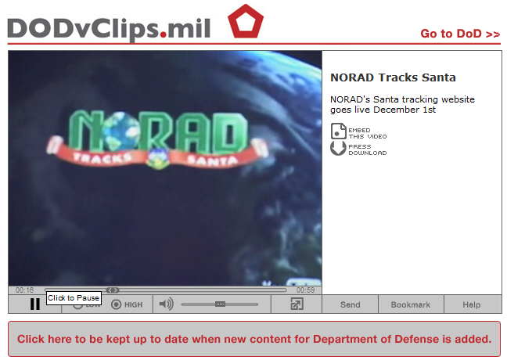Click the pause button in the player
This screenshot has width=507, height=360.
35,304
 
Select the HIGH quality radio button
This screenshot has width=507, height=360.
116,304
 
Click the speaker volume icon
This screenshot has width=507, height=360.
167,304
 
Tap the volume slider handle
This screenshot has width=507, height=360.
220,304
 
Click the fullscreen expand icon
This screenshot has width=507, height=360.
297,304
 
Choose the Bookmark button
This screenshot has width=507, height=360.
411,304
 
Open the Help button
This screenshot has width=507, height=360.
472,304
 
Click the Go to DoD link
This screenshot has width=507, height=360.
460,34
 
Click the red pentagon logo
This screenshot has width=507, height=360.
246,22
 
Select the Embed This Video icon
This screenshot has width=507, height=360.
339,131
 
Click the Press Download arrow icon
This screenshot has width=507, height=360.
338,148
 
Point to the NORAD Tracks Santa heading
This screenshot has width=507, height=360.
393,77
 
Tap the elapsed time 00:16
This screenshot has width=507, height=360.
24,290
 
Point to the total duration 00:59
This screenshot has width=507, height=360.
306,290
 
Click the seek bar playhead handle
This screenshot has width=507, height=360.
113,290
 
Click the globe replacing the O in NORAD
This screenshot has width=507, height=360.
121,131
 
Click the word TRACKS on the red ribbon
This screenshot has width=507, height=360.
102,157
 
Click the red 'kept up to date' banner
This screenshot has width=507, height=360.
254,339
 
